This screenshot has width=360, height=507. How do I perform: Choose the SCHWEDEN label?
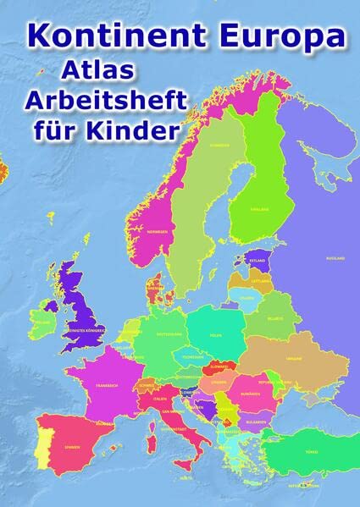pyautogui.click(x=196, y=146)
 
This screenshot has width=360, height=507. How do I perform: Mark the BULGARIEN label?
pyautogui.click(x=269, y=419)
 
